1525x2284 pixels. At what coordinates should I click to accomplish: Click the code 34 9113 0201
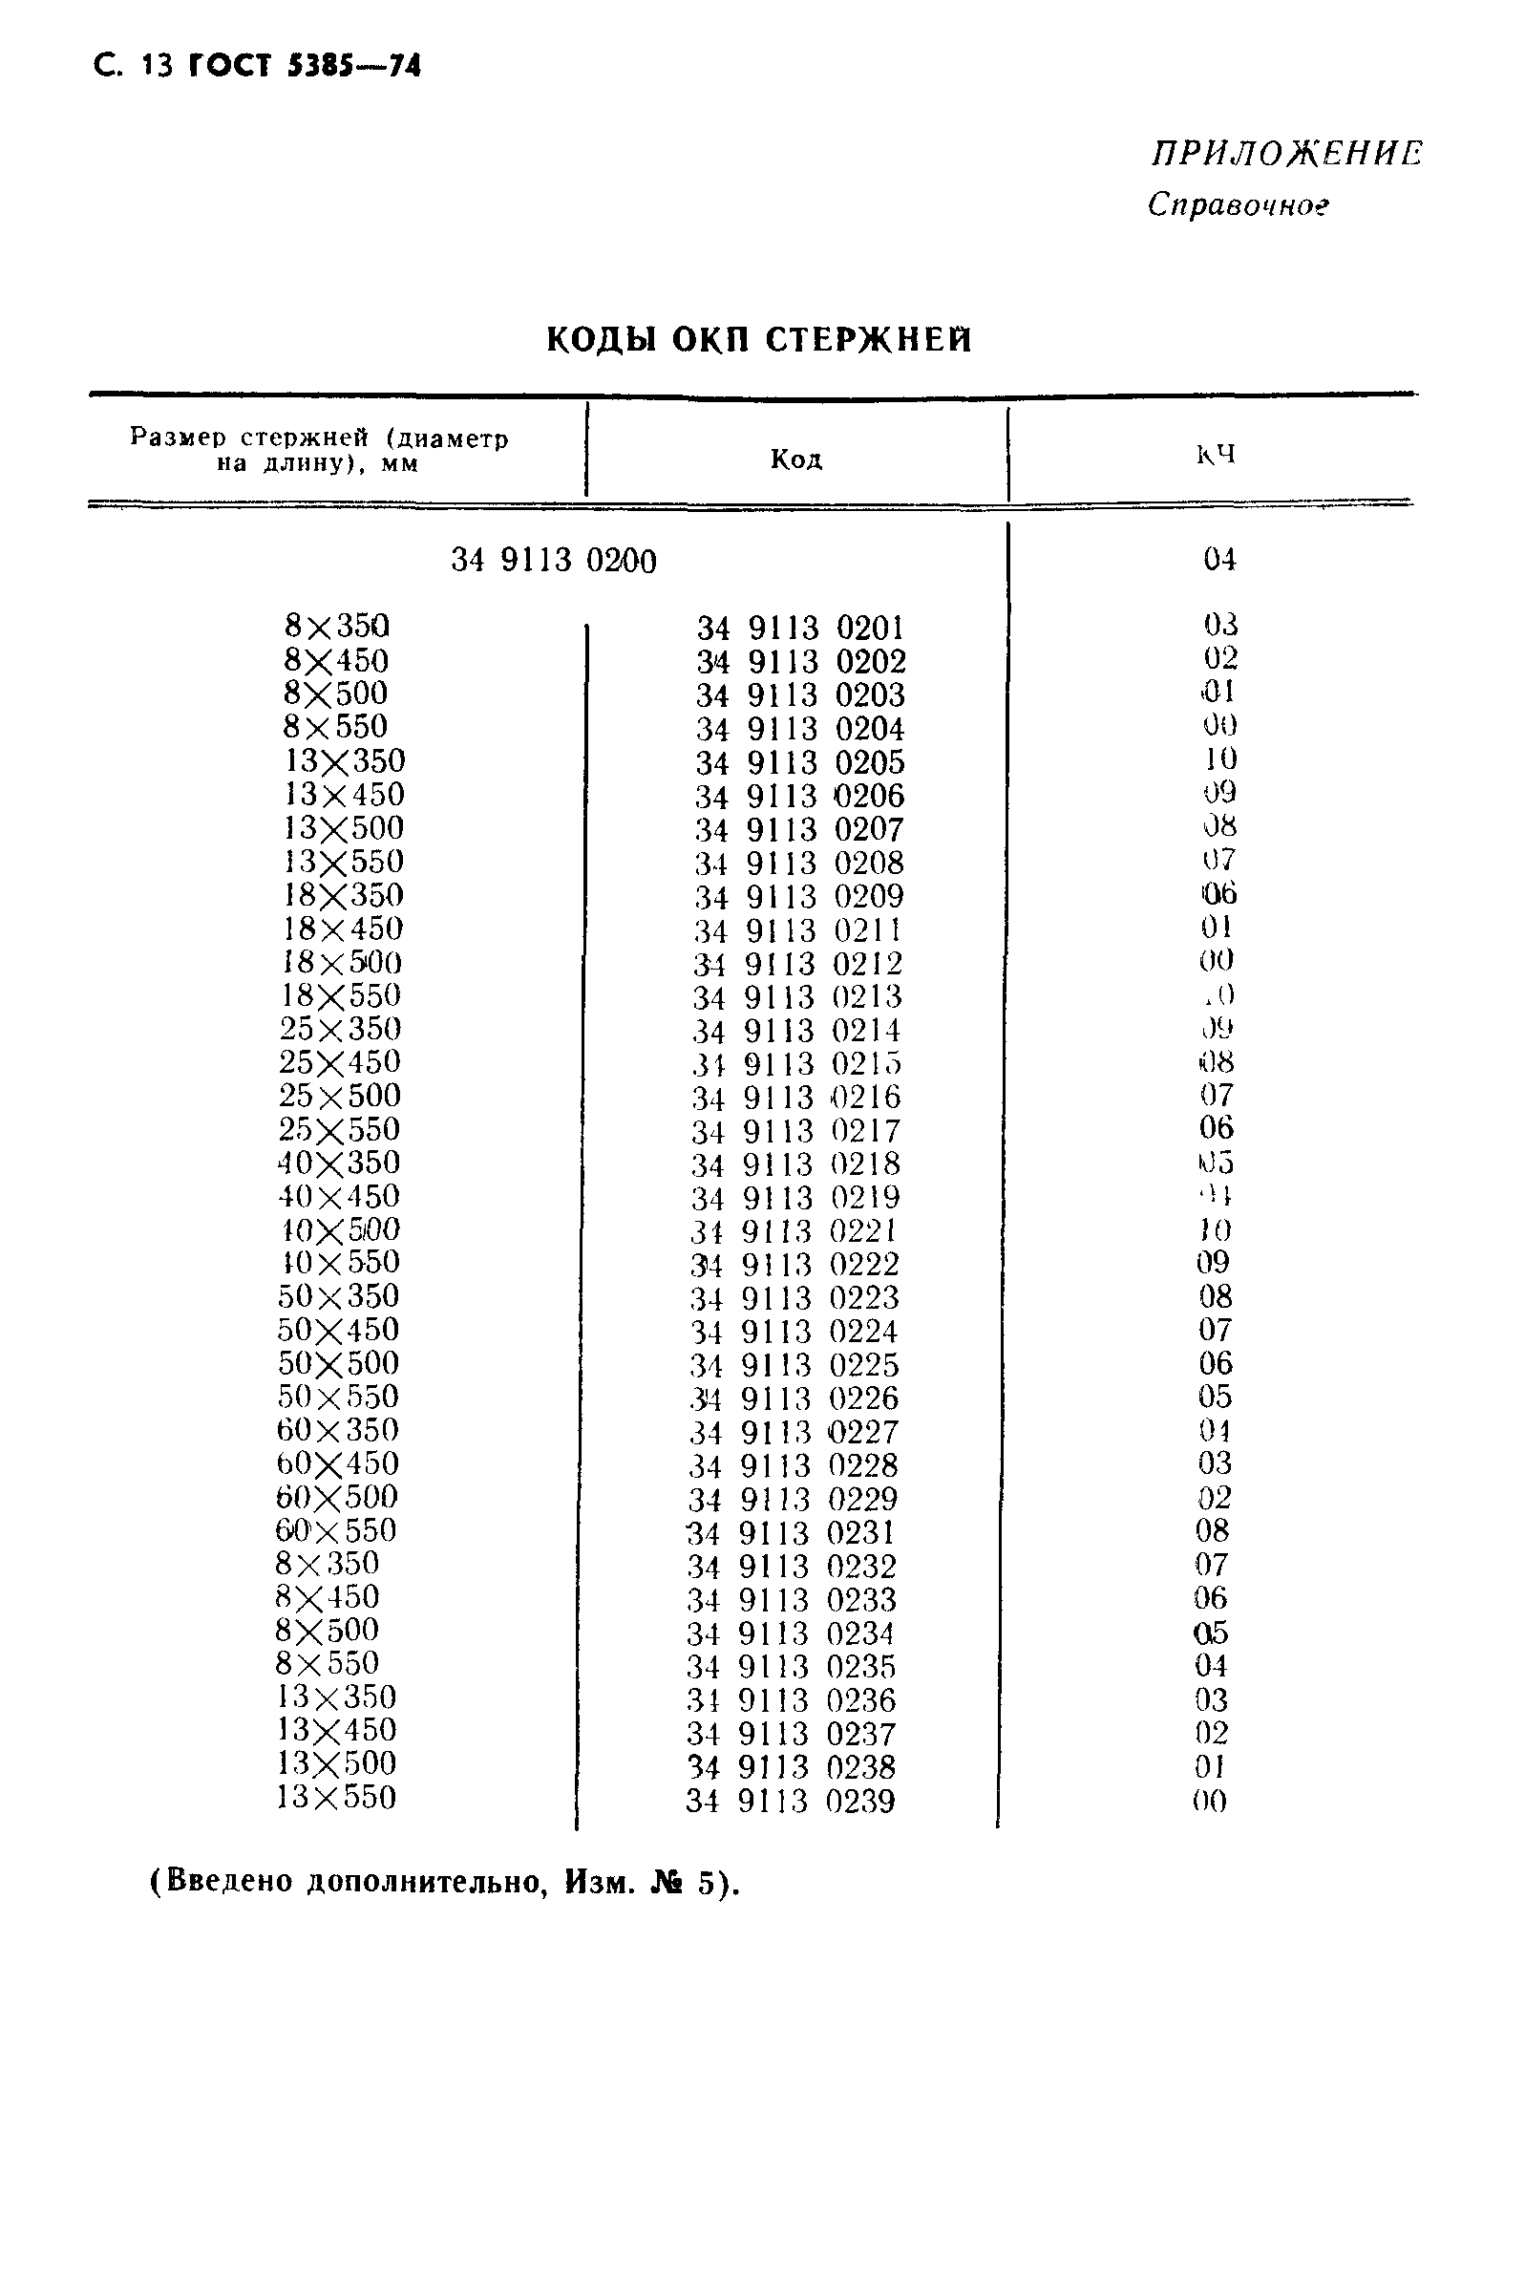tap(800, 628)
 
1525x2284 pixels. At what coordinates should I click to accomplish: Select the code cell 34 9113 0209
tap(798, 896)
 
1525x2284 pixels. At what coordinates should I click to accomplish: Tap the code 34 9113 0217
tap(796, 1131)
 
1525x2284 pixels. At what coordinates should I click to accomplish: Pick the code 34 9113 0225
tap(794, 1365)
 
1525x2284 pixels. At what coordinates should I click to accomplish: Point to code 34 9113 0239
tap(790, 1802)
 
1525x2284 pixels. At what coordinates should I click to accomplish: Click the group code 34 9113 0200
tap(554, 561)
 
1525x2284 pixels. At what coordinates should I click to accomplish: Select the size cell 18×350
tap(344, 895)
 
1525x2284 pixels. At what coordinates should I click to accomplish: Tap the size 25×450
tap(340, 1061)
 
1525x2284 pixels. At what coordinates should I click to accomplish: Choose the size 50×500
tap(338, 1363)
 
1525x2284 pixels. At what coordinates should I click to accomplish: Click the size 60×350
tap(337, 1430)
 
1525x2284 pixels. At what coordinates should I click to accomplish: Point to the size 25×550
tap(339, 1129)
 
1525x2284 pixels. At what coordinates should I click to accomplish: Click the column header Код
tap(796, 459)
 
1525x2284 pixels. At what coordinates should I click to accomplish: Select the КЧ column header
tap(1216, 455)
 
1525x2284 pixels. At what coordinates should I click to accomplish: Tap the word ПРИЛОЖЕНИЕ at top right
tap(1285, 155)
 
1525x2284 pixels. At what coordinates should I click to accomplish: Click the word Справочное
tap(1238, 204)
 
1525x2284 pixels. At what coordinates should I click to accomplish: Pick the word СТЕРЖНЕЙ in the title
tap(869, 339)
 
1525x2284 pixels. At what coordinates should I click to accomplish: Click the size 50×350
tap(338, 1295)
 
